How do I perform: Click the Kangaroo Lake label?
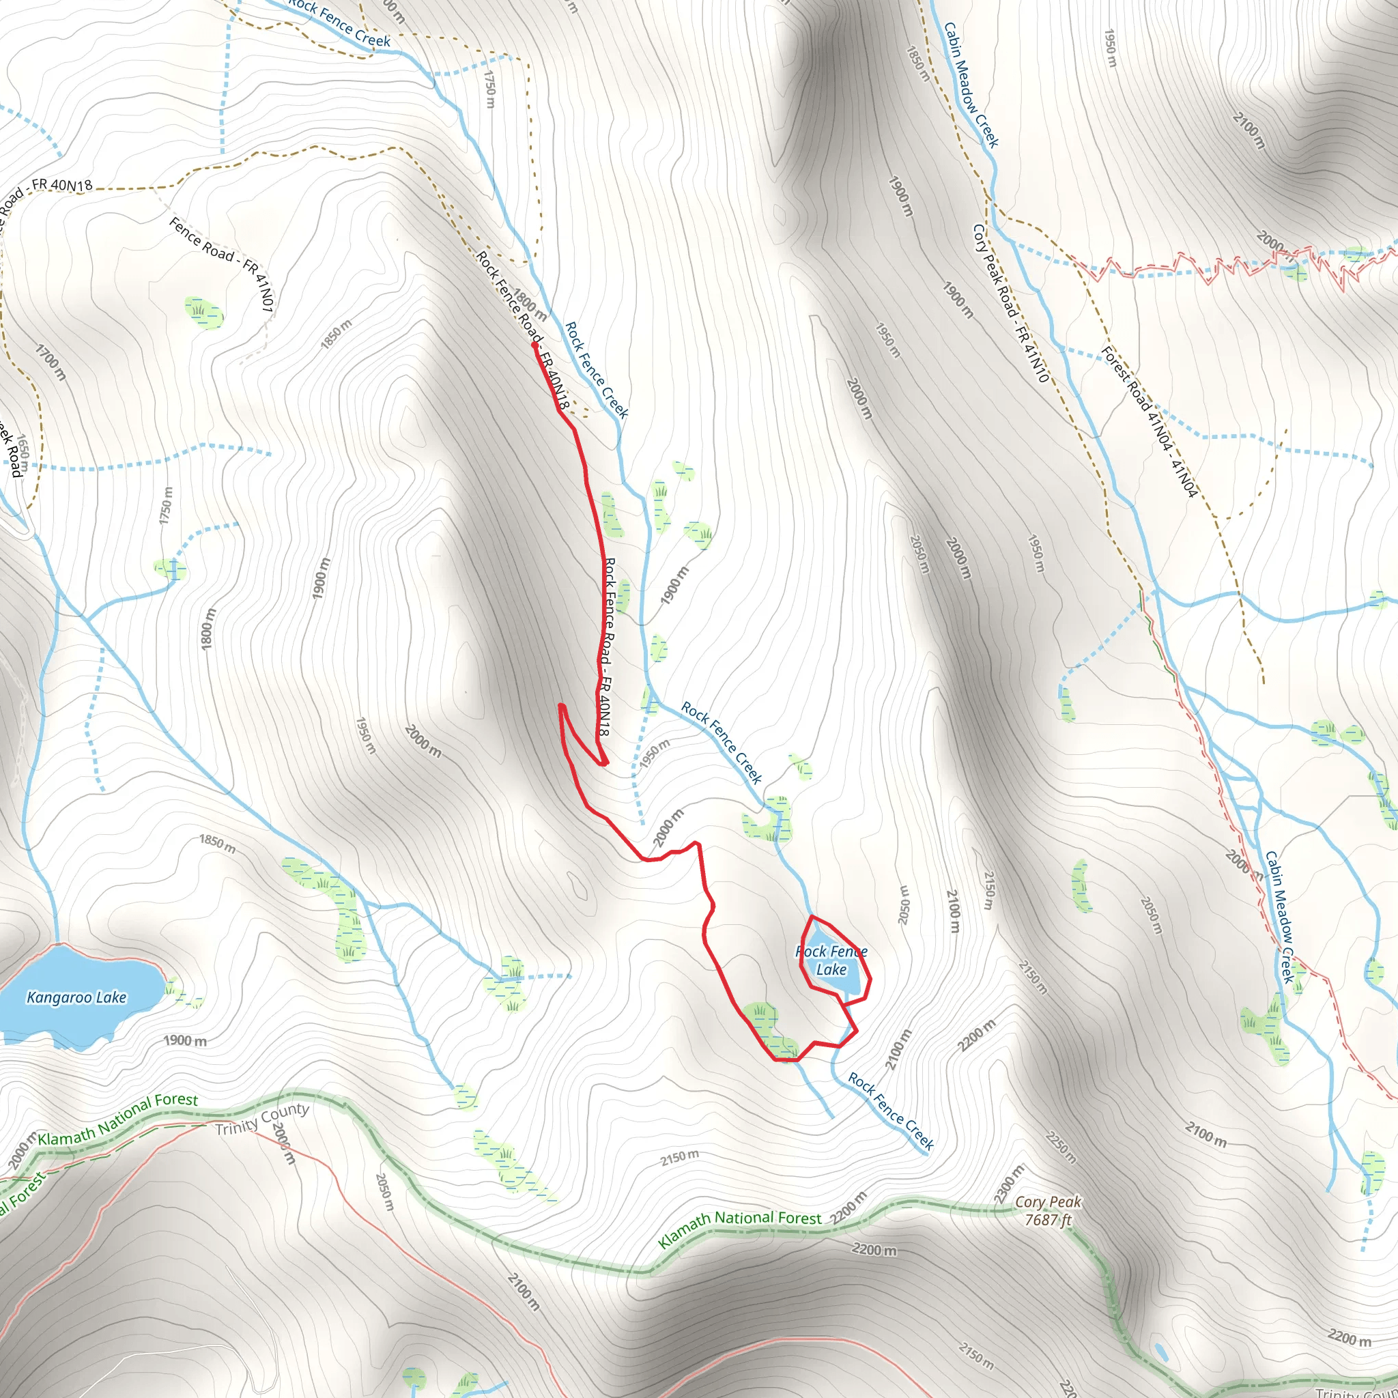coord(76,998)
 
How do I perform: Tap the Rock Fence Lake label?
coord(831,960)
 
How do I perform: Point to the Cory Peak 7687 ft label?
coord(1048,1210)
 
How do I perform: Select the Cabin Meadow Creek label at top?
coord(971,85)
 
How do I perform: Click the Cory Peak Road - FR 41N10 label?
coord(1010,303)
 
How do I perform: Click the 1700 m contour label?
coord(51,362)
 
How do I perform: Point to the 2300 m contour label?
coord(1010,1184)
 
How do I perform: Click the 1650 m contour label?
coord(23,453)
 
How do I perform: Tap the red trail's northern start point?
coord(534,345)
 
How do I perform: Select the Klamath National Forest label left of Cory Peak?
coord(739,1229)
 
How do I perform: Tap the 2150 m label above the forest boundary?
coord(679,1158)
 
